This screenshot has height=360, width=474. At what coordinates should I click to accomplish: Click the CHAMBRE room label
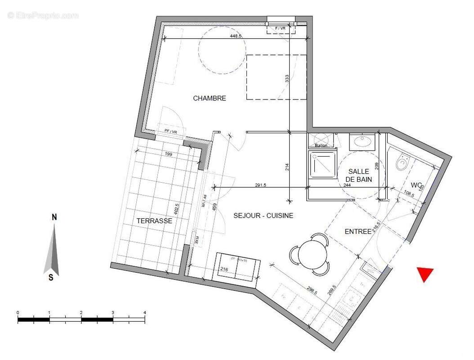coord(209,98)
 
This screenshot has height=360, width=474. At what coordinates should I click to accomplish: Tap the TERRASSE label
coord(154,221)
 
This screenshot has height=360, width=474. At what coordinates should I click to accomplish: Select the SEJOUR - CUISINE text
coord(263,216)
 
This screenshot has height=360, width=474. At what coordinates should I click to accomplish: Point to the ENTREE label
coord(358,231)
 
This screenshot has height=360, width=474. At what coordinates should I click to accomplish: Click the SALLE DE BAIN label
coord(359,175)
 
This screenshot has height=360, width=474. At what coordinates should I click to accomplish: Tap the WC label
coord(416,185)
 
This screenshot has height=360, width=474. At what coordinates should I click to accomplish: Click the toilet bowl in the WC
coord(402,162)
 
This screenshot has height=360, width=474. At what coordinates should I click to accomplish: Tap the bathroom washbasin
coord(363,142)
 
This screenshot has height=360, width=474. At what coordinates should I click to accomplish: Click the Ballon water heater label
coord(321,145)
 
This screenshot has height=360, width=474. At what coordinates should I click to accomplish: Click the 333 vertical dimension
coord(286,80)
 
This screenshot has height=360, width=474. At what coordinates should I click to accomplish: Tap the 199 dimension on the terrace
coord(169,154)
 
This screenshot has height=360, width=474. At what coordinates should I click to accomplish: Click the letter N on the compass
coord(54,217)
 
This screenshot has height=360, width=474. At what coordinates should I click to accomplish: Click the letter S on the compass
coord(51,278)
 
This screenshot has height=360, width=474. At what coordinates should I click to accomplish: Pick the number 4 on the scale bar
coord(144,312)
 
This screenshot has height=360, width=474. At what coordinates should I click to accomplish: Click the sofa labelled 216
coord(236,268)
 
